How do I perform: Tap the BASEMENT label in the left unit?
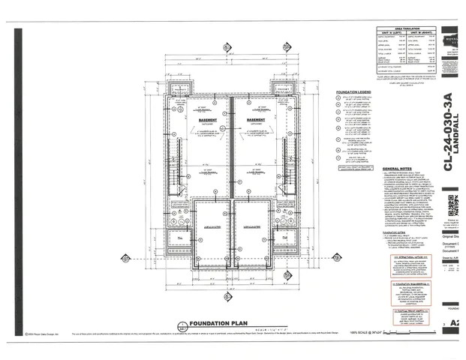pos(200,118)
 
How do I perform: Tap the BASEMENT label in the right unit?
pos(256,118)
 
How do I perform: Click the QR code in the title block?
pos(452,204)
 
